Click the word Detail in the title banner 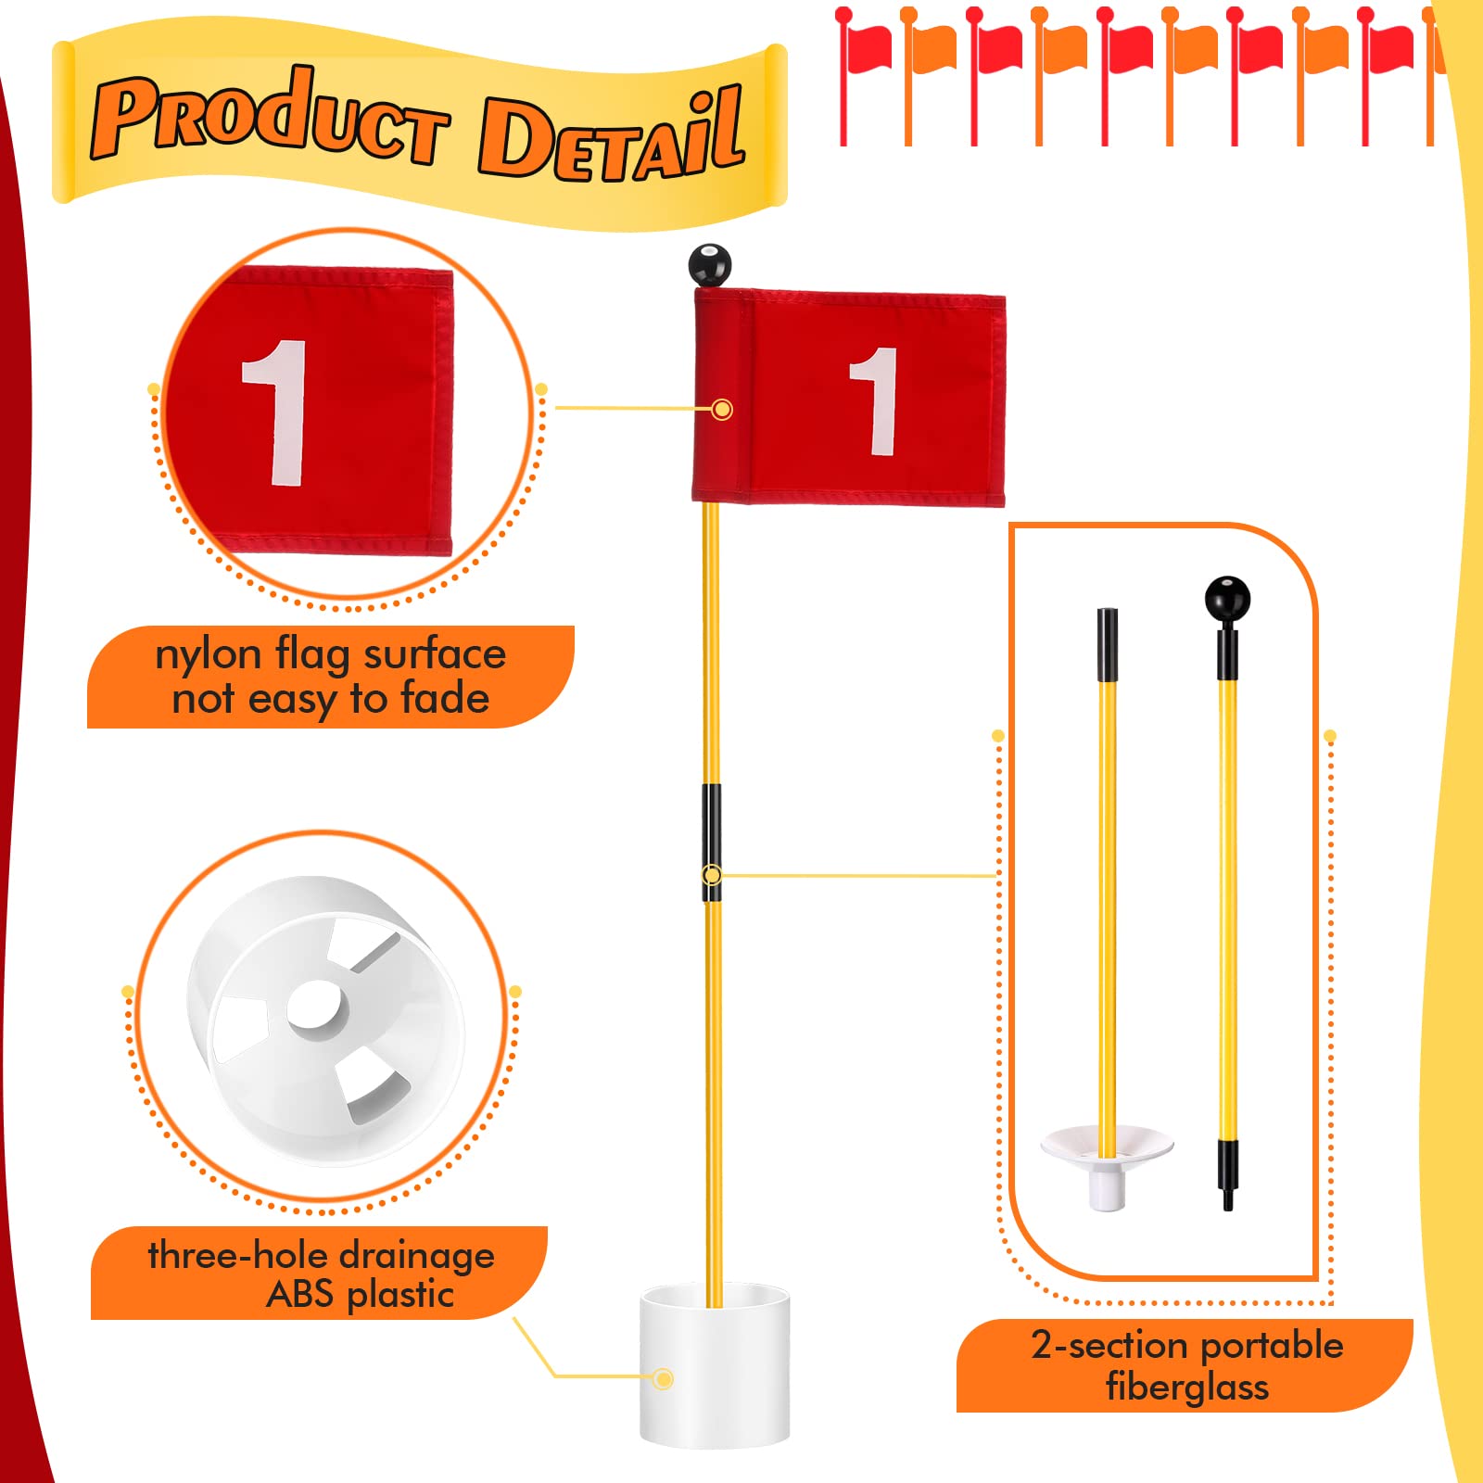(612, 139)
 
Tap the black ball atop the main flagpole (710, 264)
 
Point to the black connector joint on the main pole (711, 842)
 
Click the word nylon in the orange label (208, 654)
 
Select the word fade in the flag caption (445, 699)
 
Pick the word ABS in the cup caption (298, 1295)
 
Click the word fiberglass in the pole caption (1186, 1388)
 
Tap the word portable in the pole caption (1272, 1345)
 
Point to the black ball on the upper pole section (1227, 598)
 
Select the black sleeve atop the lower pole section (1107, 644)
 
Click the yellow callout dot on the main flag (722, 409)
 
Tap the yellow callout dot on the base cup (663, 1379)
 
